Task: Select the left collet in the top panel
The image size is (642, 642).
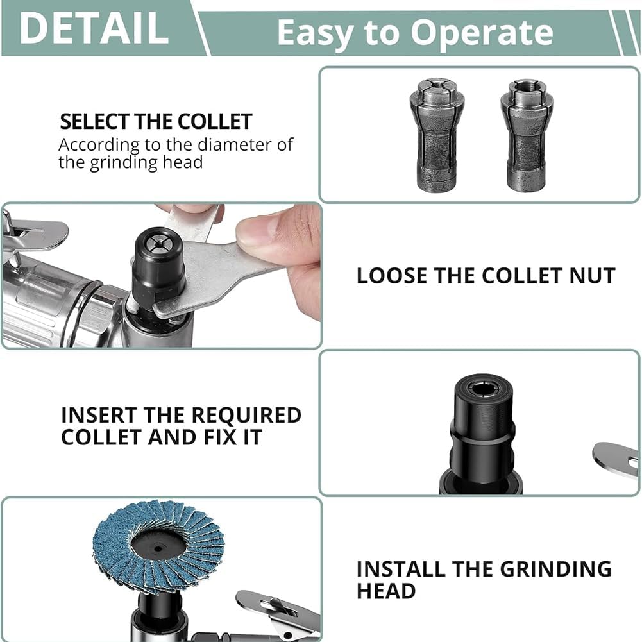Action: [437, 135]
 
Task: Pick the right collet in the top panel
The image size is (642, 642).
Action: [527, 135]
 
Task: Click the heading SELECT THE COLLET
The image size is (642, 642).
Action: [156, 122]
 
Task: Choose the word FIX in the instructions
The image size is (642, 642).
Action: [221, 437]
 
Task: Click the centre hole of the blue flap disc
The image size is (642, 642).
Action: [158, 548]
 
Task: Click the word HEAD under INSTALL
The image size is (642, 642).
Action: [386, 591]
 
